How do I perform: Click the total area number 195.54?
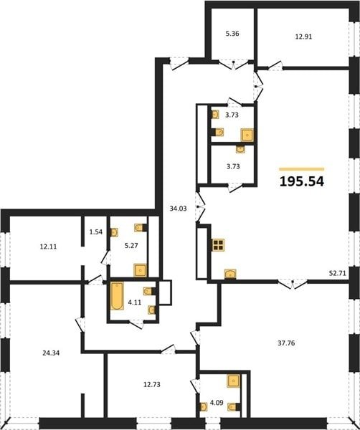coord(302,181)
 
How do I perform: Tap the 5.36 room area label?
coord(232,34)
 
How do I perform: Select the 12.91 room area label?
coord(303,37)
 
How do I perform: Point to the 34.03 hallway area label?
coord(178,209)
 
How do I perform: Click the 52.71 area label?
coord(338,273)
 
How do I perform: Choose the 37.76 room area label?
coord(286,343)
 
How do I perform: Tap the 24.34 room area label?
coord(51,353)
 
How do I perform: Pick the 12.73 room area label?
coord(152,384)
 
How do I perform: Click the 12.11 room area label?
coord(48,247)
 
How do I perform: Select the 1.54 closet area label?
coord(96,232)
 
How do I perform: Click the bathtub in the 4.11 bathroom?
coord(117,296)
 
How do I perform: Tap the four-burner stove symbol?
coord(219,245)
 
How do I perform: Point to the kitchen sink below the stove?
coord(230,274)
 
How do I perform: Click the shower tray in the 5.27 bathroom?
coord(141,270)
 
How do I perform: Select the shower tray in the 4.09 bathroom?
coord(234,381)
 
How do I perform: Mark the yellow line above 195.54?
coord(302,169)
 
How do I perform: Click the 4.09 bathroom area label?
coord(217,403)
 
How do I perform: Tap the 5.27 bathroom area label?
coord(131,246)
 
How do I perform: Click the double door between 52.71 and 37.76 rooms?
coord(293,283)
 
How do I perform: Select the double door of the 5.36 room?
coord(233,64)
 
